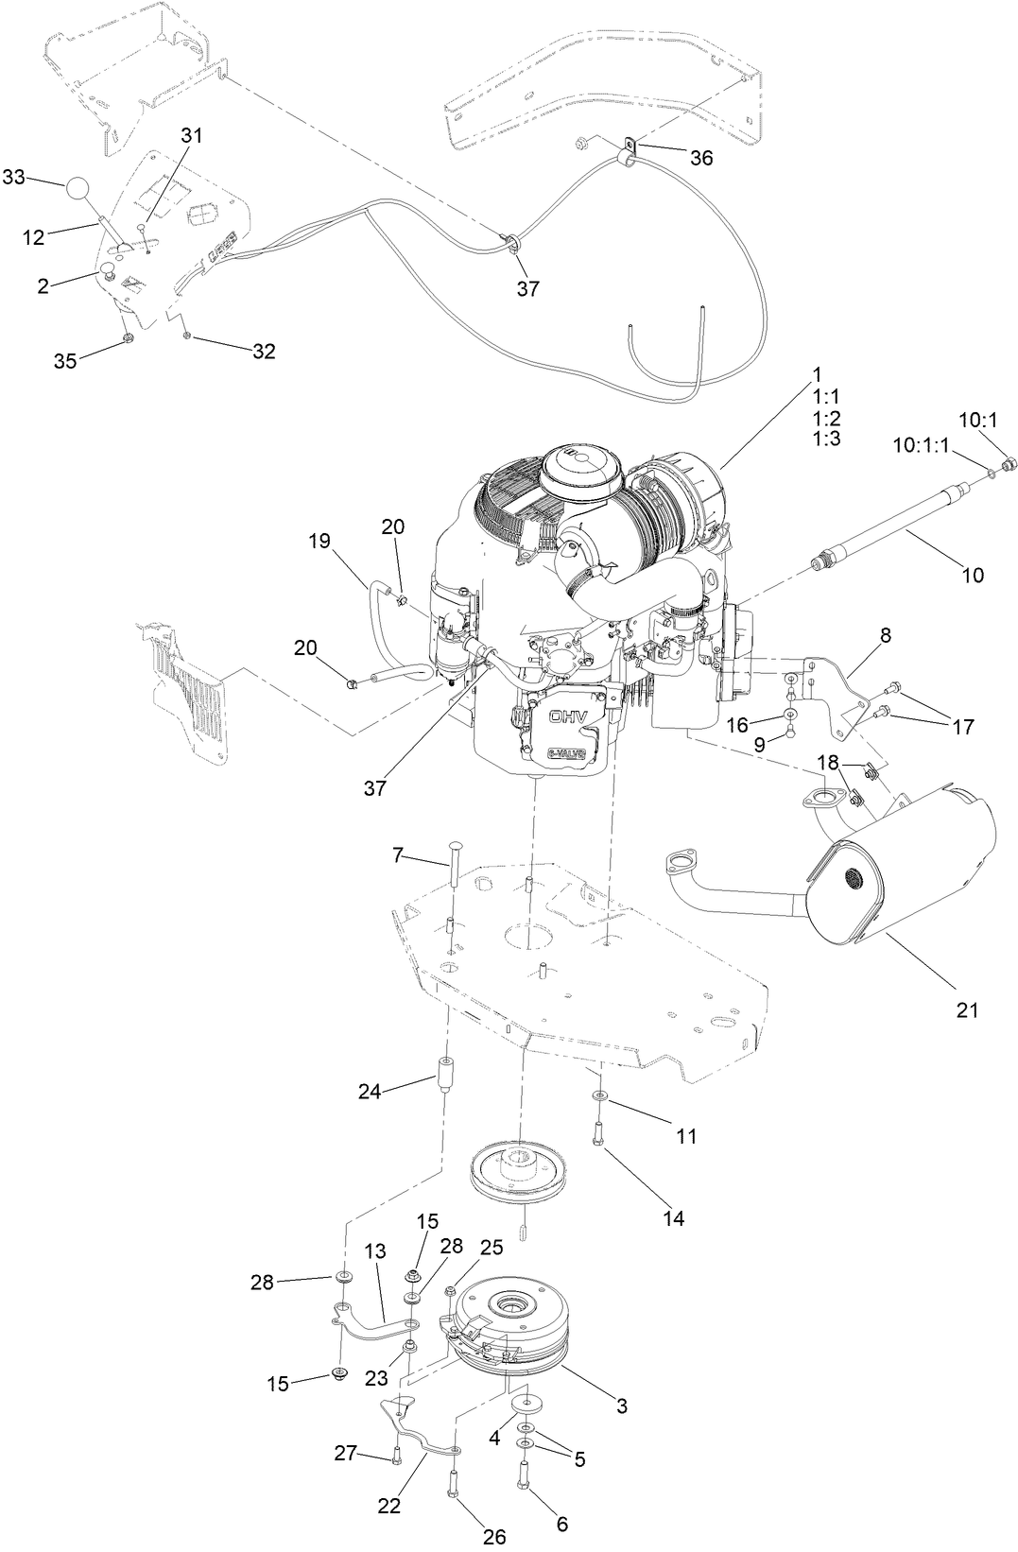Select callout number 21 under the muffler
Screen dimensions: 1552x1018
click(966, 1010)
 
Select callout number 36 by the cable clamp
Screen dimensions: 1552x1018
click(700, 158)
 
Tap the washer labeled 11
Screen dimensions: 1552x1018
click(600, 1095)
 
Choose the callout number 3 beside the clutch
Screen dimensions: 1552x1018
click(621, 1405)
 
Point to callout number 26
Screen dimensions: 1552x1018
click(494, 1537)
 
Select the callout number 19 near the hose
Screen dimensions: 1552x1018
click(319, 542)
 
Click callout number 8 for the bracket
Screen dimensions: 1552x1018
click(885, 636)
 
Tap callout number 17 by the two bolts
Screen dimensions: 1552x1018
click(962, 727)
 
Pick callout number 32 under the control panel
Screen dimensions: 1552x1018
click(264, 352)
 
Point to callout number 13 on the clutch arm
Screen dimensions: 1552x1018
click(374, 1251)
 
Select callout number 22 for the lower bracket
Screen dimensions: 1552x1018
click(389, 1506)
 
